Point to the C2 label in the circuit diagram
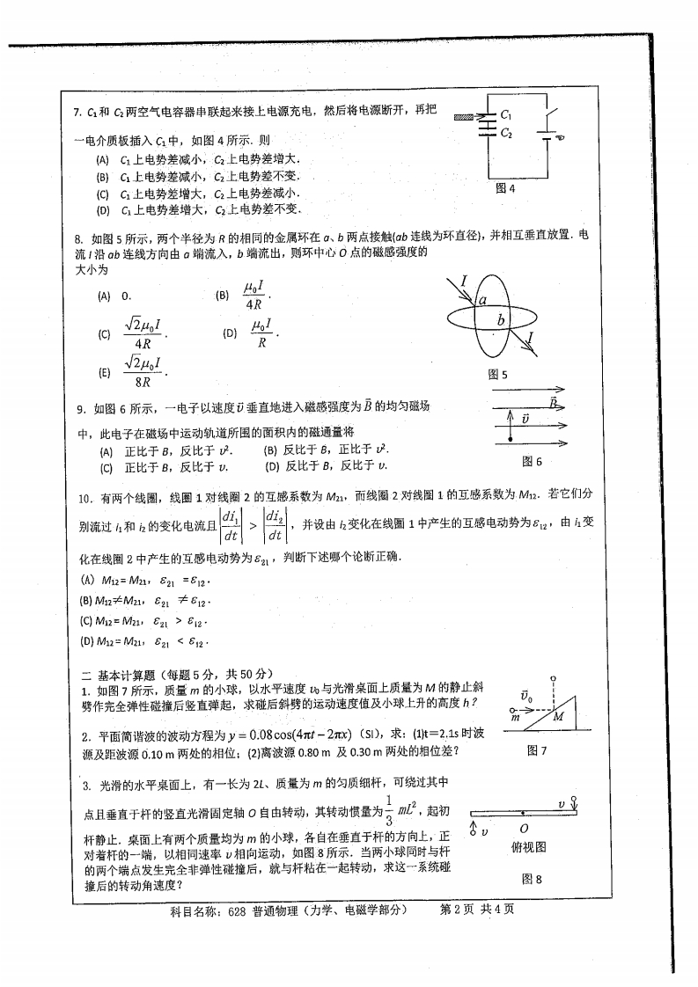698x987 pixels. (x=505, y=133)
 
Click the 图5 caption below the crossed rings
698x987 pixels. (x=498, y=374)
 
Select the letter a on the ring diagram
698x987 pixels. (x=483, y=301)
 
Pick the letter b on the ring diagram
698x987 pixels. (x=501, y=319)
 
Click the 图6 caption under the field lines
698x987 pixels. (x=532, y=461)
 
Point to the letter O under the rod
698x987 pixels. (x=524, y=829)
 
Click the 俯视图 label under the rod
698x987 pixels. (x=529, y=847)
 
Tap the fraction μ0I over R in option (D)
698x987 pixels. (x=262, y=334)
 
